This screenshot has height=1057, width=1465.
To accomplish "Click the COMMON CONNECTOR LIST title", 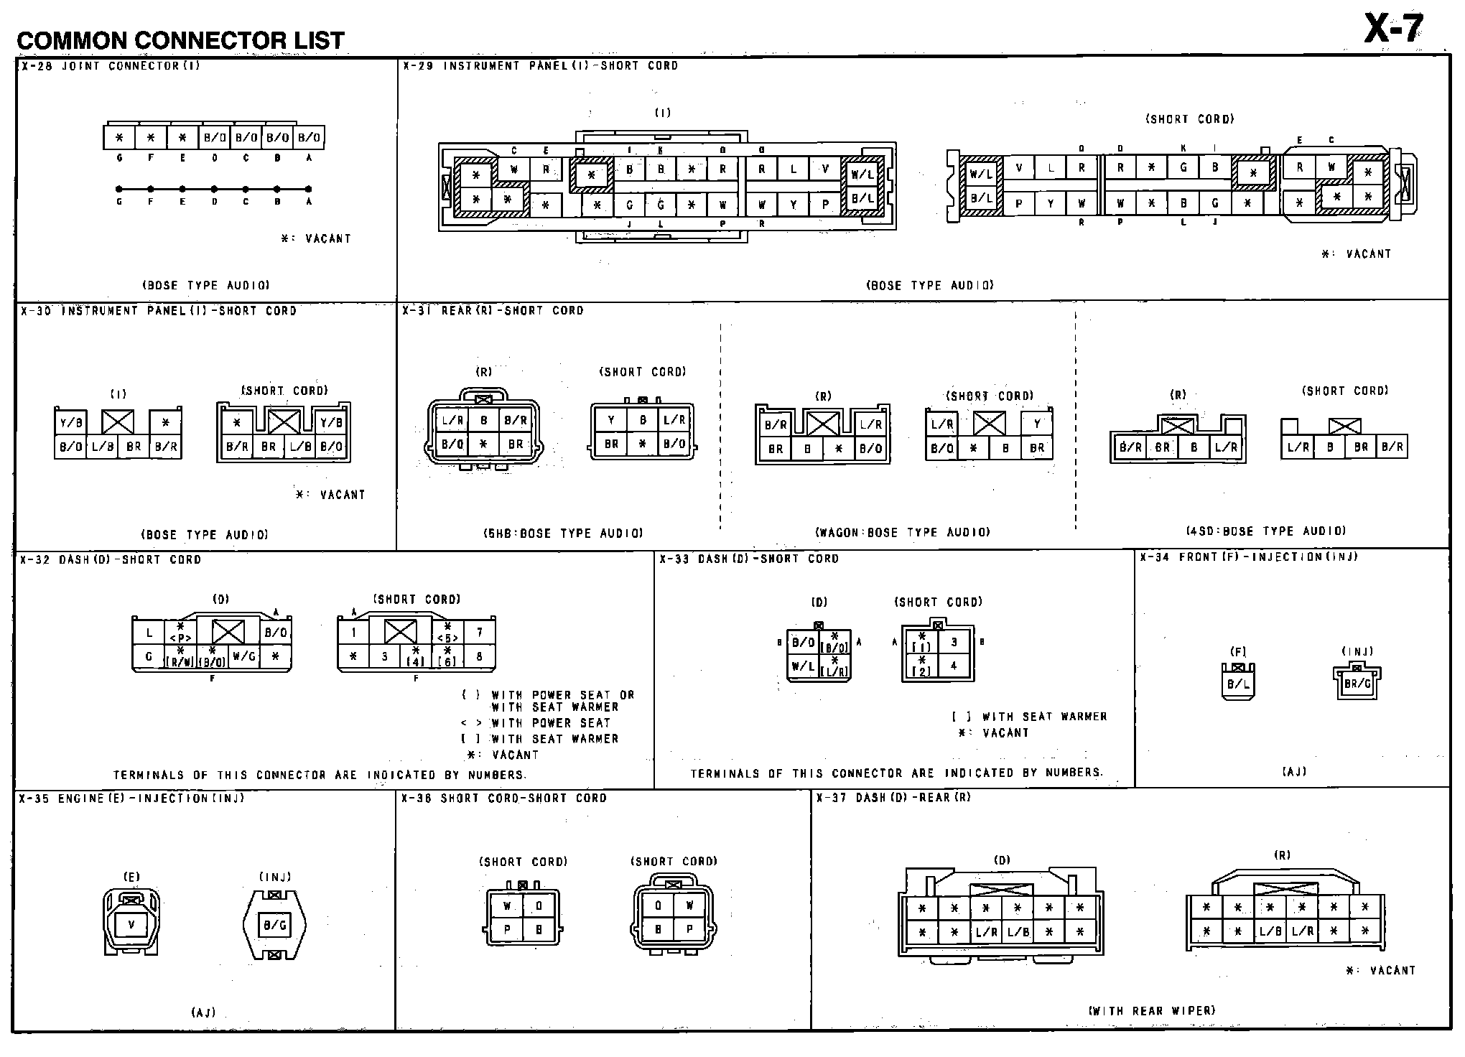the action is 180,40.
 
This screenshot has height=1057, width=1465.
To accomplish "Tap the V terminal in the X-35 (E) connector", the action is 131,924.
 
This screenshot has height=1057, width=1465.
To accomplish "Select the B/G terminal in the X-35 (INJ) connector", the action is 274,925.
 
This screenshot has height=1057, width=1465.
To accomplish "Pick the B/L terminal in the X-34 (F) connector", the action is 1238,684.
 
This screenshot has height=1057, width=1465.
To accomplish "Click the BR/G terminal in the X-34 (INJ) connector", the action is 1357,683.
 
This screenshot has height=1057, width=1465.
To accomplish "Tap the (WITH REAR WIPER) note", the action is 1151,1010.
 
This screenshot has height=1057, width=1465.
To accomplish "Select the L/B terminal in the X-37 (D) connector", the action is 1018,932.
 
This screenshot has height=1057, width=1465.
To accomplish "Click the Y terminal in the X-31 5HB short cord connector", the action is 611,420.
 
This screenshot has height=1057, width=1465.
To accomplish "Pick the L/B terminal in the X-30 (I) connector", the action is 102,446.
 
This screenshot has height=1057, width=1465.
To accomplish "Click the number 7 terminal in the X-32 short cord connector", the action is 479,633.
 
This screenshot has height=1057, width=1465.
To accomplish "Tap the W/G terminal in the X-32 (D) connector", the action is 244,656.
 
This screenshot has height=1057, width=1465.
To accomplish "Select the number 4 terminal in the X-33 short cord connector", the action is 954,666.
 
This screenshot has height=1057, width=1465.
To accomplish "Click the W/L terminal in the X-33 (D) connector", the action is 803,666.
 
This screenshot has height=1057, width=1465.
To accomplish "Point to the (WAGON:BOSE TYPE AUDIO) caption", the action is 903,532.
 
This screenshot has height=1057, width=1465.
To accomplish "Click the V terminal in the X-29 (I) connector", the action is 825,169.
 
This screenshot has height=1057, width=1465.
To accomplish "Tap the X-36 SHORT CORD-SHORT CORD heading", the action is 504,798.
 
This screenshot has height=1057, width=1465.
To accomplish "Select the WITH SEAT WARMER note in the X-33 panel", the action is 1044,716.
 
